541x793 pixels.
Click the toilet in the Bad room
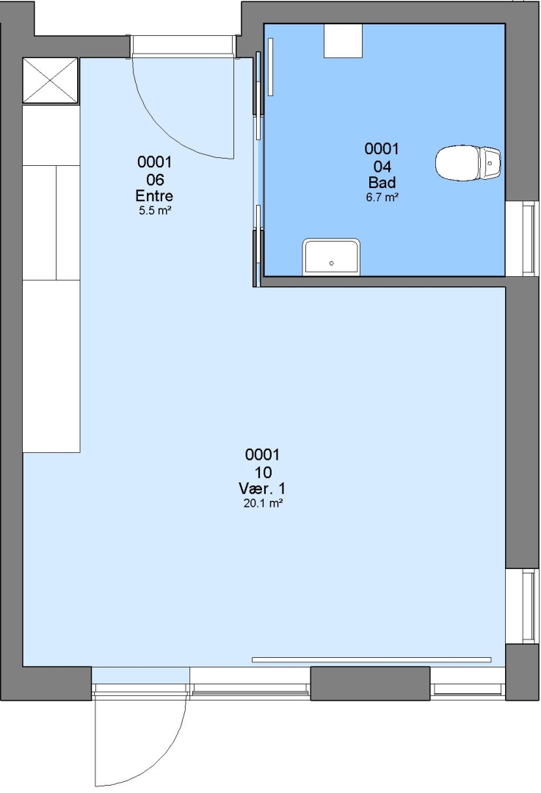(468, 163)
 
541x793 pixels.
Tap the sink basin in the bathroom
(331, 258)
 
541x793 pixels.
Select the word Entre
(154, 196)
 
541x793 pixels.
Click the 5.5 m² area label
(155, 211)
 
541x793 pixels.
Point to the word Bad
(382, 182)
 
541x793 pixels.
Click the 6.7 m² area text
(382, 198)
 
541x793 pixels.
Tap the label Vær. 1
(262, 488)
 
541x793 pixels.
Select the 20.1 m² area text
(263, 503)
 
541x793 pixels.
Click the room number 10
(263, 472)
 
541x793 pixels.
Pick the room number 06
(155, 180)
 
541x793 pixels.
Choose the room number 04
(382, 167)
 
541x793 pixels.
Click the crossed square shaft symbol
(51, 81)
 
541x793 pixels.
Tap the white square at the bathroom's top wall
(344, 40)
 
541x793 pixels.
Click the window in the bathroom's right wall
(522, 238)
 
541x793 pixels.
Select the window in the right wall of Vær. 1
(522, 606)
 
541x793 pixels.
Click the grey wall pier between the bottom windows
(370, 684)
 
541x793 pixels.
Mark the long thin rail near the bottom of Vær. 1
(371, 659)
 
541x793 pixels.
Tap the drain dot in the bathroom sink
(332, 264)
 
